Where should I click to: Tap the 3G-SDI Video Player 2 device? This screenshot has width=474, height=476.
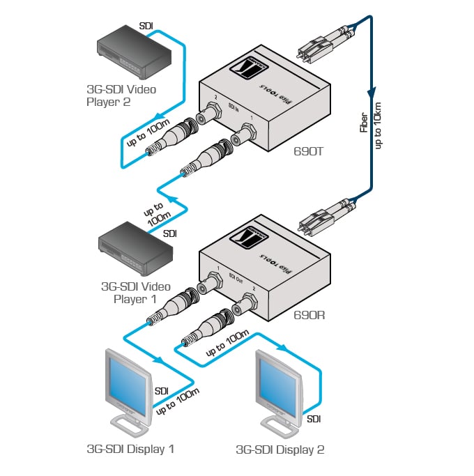tap(132, 52)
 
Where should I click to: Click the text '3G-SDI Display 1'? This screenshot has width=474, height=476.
tap(130, 449)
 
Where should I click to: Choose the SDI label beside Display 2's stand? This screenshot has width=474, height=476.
tap(316, 419)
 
